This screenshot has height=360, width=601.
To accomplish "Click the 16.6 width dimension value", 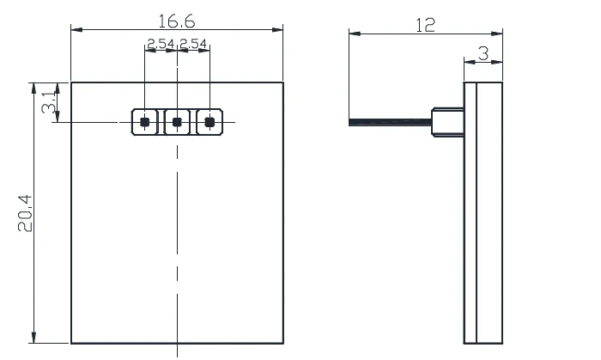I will coord(177,20).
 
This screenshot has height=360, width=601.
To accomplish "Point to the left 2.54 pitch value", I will coord(160,44).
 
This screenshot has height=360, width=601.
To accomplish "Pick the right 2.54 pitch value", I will coord(193,44).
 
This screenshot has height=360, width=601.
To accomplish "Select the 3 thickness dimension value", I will coord(483,53).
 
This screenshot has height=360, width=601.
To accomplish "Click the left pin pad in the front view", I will coord(145,122).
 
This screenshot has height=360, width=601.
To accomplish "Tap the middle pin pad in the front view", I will coord(177,122).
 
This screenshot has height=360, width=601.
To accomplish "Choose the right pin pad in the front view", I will coord(209,122).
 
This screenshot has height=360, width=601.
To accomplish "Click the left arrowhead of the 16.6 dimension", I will coord(76,30).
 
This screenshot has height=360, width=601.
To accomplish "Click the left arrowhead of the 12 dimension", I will coord(353,34).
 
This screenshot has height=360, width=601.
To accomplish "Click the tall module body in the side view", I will coord(483,211).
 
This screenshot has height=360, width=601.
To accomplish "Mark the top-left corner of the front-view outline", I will coord(71,82).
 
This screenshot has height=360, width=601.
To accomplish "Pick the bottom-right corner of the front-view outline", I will coord(283,342).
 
